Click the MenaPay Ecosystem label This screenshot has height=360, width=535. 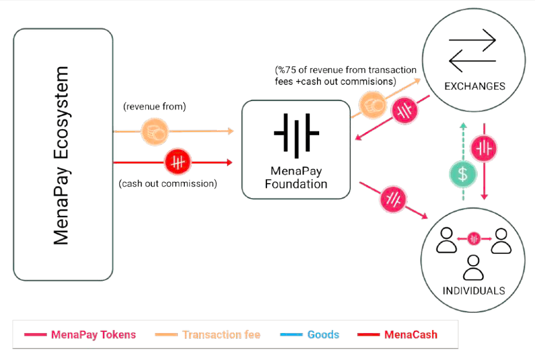click(x=61, y=155)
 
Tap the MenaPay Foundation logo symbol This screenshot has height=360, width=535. click(x=296, y=135)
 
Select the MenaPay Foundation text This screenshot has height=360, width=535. click(x=296, y=177)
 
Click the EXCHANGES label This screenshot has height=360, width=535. click(x=475, y=86)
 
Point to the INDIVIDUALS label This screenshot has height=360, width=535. click(x=474, y=291)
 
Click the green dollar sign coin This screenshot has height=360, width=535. click(x=463, y=174)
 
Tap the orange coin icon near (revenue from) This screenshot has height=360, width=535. click(x=155, y=131)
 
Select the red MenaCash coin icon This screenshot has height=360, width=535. click(x=177, y=162)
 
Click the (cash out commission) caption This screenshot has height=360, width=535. click(x=168, y=184)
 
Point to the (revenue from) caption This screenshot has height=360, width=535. click(x=154, y=106)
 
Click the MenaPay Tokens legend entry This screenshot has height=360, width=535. click(x=80, y=334)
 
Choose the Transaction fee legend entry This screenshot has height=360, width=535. click(x=207, y=334)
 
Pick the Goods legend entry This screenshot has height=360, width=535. click(x=309, y=334)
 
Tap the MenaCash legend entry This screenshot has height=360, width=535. click(x=397, y=334)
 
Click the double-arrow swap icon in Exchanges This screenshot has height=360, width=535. click(x=472, y=51)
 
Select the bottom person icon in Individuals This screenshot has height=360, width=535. click(x=473, y=268)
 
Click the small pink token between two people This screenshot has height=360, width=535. click(x=474, y=239)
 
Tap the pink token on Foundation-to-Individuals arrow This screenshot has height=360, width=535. click(x=393, y=200)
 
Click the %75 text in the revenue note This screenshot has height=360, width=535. click(x=287, y=70)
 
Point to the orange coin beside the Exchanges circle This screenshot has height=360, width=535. click(x=373, y=105)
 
